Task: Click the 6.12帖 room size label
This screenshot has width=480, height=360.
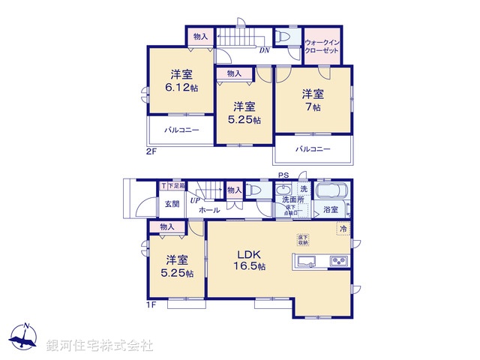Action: pos(183,88)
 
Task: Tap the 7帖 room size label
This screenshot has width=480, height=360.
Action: pos(312,107)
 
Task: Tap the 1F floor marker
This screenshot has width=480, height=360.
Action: pos(150,304)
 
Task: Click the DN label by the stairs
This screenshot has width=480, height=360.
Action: pos(264,51)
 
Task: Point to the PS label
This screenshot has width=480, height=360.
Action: pos(283,176)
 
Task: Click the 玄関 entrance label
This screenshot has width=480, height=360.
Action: pos(172,203)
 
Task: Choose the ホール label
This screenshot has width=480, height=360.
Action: pos(209,211)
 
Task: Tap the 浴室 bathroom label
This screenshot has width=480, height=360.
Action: pos(331,210)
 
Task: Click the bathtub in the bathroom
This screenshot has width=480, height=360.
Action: pos(331,190)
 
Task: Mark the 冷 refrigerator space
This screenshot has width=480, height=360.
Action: pos(343,228)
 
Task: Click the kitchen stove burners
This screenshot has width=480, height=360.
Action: pos(338,262)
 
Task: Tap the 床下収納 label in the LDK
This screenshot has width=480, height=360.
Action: pos(302,239)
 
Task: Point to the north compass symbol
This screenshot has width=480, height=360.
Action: pos(25,337)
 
